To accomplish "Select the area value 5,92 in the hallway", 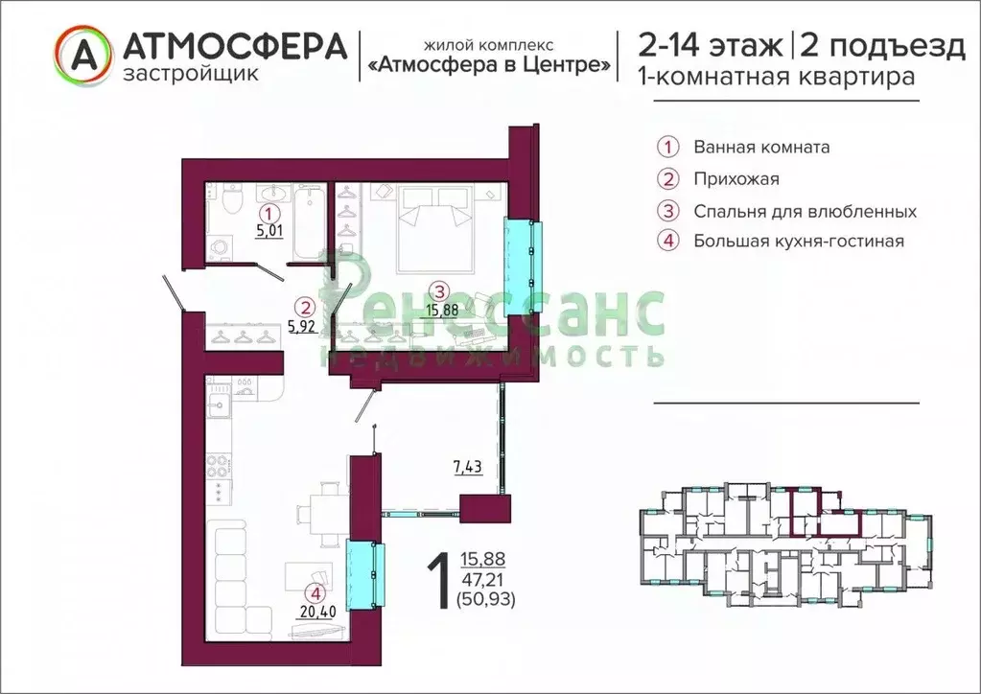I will tap(302, 325).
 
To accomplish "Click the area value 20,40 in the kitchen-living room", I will tap(313, 612).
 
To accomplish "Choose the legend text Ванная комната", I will tap(761, 148).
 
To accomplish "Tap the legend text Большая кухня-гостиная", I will tap(799, 242).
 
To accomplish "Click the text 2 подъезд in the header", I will tap(883, 46).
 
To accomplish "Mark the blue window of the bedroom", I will tap(523, 250).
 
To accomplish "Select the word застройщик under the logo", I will tap(191, 74).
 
